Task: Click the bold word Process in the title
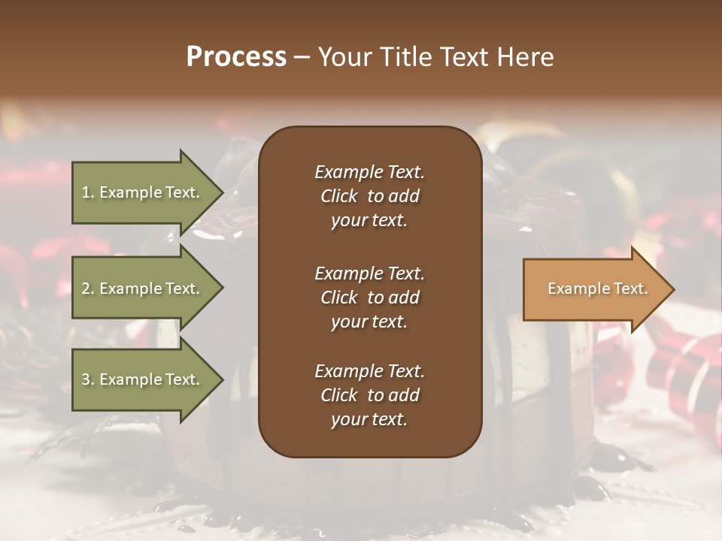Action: pyautogui.click(x=236, y=56)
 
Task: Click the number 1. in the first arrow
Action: pyautogui.click(x=88, y=192)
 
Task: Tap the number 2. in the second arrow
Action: pyautogui.click(x=88, y=289)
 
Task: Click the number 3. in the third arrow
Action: pyautogui.click(x=88, y=379)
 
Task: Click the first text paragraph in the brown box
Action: pyautogui.click(x=369, y=196)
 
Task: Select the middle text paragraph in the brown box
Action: pyautogui.click(x=369, y=298)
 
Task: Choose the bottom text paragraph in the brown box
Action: pyautogui.click(x=369, y=395)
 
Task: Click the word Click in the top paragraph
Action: pyautogui.click(x=338, y=196)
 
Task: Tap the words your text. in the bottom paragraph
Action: pyautogui.click(x=369, y=419)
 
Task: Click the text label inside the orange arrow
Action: pyautogui.click(x=598, y=289)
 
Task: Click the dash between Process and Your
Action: pyautogui.click(x=302, y=57)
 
